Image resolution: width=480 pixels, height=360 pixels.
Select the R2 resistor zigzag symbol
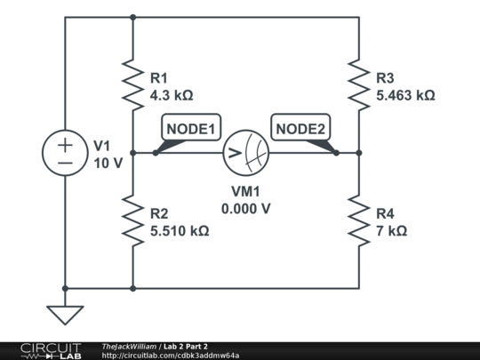132,221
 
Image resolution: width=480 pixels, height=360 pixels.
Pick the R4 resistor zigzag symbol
359,221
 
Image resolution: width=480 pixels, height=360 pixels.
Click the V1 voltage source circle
65,153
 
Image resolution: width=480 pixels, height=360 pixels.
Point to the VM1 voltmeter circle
245,153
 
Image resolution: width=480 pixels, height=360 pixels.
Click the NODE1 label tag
191,130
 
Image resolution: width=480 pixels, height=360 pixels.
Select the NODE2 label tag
301,130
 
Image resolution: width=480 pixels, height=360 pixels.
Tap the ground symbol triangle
65,315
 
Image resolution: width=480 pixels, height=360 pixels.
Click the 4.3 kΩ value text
172,94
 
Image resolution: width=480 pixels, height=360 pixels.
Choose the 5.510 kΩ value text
180,230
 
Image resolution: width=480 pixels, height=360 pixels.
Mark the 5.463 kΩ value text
405,94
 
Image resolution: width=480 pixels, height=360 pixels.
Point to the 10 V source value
108,163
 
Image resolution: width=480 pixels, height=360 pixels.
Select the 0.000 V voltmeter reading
245,209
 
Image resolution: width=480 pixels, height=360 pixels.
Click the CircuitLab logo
44,350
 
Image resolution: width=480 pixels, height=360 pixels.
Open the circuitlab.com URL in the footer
171,355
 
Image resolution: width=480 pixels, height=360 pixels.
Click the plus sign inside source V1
65,145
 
